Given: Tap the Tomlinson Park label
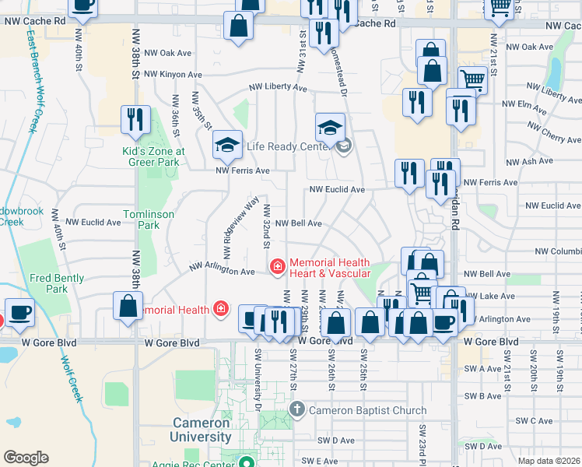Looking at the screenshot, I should (x=142, y=219).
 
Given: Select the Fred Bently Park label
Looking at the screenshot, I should (x=51, y=283).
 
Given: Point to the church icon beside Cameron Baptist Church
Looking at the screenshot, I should (x=296, y=409).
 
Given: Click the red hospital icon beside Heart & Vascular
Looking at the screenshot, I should (x=277, y=267).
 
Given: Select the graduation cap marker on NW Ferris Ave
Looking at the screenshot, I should (x=227, y=142).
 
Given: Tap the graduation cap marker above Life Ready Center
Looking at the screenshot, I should (x=330, y=126).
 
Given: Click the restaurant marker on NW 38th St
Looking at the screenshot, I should (x=135, y=119).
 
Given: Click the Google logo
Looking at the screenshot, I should (x=26, y=458).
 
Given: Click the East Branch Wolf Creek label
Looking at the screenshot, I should (x=32, y=82).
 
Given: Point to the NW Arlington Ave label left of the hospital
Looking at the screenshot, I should (x=224, y=272).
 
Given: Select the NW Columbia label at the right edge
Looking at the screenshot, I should (x=558, y=251).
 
